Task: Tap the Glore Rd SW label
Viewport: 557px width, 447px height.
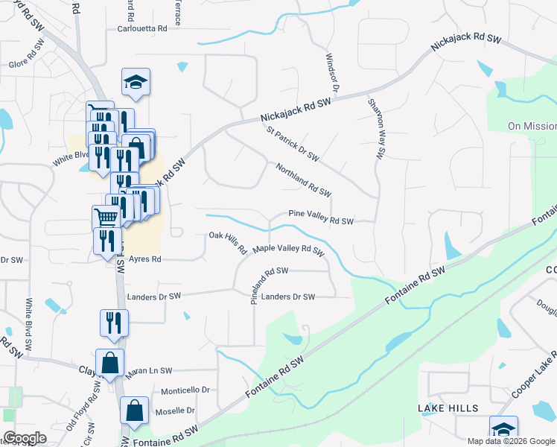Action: (28, 60)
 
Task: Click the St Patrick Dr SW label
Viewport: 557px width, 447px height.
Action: (293, 143)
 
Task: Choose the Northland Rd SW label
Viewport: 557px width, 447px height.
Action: (303, 180)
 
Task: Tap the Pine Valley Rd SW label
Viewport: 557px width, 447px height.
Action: (320, 221)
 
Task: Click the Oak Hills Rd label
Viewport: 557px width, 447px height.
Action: (228, 243)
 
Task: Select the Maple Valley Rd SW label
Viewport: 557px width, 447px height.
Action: (289, 250)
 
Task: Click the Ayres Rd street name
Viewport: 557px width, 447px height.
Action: (144, 259)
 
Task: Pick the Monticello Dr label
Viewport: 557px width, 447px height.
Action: (186, 390)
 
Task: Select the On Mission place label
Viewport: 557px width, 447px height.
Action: (532, 127)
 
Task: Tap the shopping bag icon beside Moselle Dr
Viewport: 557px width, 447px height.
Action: (135, 411)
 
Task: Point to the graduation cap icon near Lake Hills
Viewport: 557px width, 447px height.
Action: (503, 429)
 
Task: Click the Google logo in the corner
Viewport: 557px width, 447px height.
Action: (25, 438)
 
